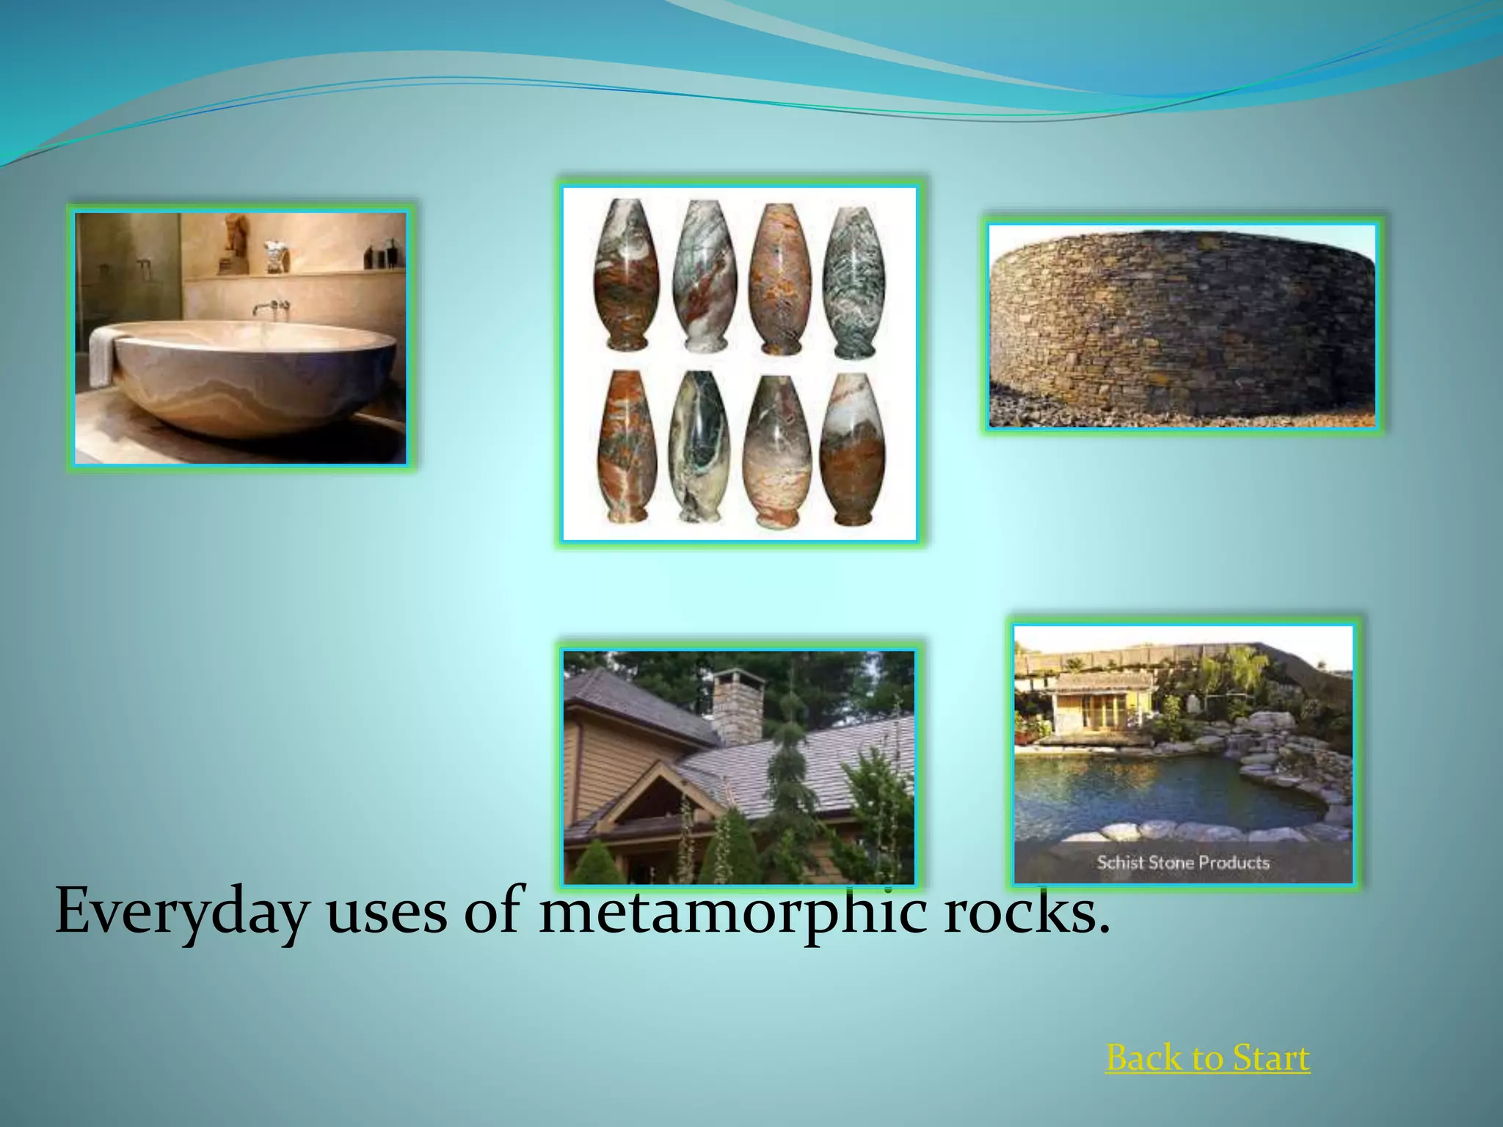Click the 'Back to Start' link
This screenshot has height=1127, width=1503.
[1207, 1059]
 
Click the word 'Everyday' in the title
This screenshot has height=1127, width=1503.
[181, 913]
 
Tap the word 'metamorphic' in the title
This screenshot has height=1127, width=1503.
[732, 913]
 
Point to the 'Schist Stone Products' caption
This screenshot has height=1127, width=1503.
[1183, 863]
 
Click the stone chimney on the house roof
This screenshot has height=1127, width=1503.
[738, 704]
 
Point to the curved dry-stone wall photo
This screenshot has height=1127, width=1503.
[1182, 326]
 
